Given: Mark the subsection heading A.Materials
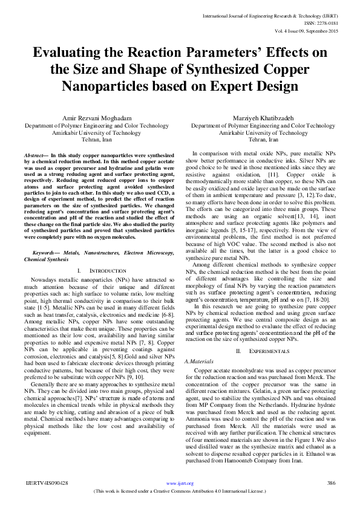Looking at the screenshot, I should (x=200, y=361).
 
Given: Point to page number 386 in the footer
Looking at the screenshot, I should (x=330, y=483).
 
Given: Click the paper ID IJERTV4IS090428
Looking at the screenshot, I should (x=48, y=483).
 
